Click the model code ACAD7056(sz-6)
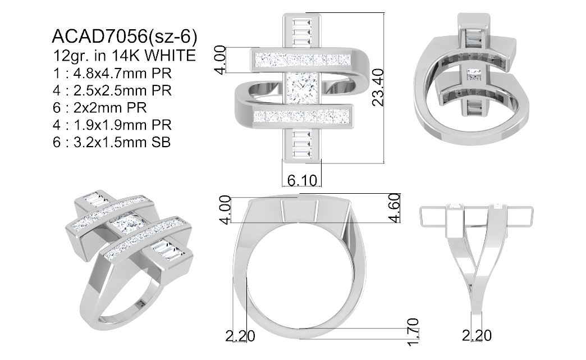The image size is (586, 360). [x=125, y=37]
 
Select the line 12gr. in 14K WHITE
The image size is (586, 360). [x=124, y=56]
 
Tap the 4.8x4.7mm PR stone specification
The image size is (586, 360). [x=112, y=73]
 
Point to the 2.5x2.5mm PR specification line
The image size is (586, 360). [x=112, y=90]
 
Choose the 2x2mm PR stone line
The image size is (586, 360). [x=100, y=108]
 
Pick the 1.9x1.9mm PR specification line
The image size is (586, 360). [x=112, y=125]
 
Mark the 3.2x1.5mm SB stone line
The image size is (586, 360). [x=112, y=142]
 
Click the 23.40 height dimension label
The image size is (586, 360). [x=378, y=87]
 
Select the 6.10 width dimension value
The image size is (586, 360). [x=302, y=180]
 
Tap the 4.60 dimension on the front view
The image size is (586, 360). [x=395, y=208]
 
